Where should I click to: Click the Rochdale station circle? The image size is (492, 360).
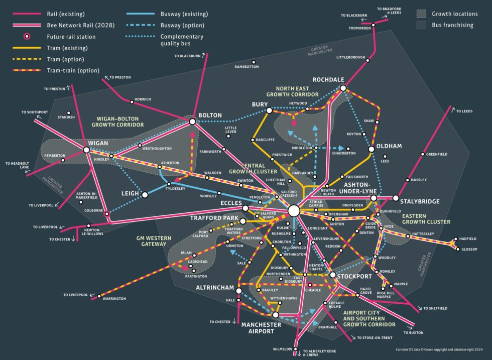[x=343, y=88]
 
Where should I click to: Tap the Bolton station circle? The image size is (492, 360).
[x=192, y=122]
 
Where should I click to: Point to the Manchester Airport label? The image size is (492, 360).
[x=258, y=328]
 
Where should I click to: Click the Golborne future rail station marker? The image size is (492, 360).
[x=106, y=214]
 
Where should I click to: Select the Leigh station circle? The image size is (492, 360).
[x=145, y=194]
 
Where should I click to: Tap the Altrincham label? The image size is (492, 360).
[x=215, y=288]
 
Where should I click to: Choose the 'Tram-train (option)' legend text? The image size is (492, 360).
[x=73, y=70]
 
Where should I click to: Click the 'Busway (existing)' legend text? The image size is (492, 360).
[x=184, y=14]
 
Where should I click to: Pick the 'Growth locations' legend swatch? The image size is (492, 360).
[x=422, y=14]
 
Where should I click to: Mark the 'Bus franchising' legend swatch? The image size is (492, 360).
[x=422, y=25]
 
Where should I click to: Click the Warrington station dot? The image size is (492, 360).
[x=99, y=295]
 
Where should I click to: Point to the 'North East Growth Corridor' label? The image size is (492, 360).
[x=292, y=91]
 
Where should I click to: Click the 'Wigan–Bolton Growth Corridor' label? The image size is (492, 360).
[x=117, y=122]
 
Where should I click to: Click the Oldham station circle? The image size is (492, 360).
[x=372, y=149]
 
